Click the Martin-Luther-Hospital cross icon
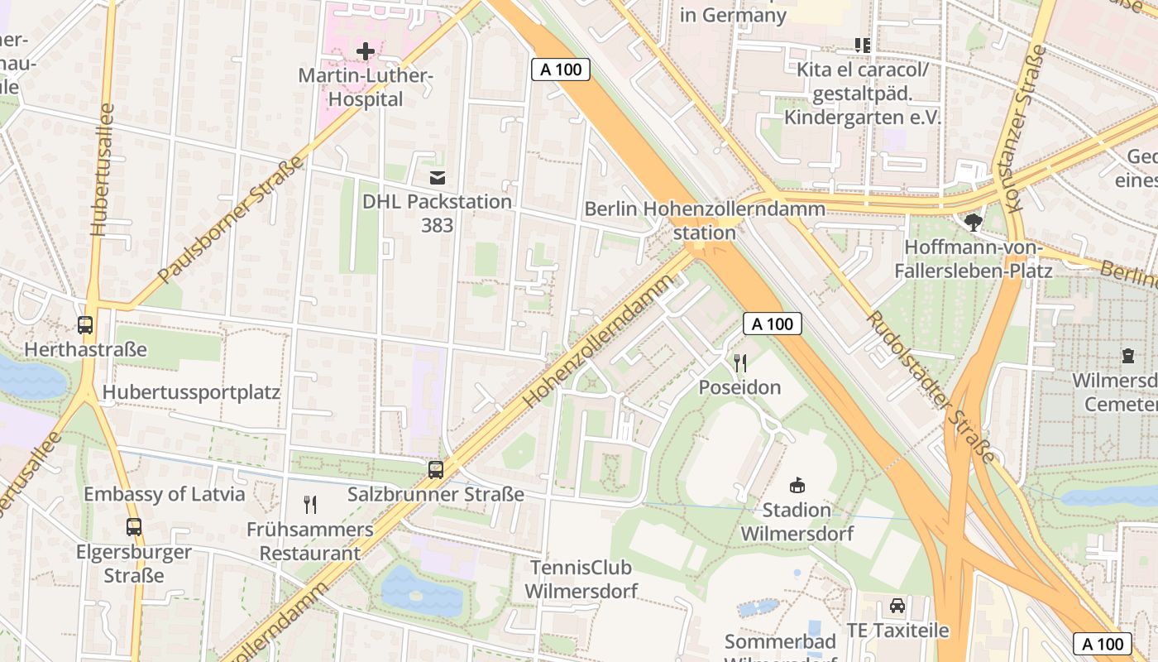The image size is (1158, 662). (x=365, y=51)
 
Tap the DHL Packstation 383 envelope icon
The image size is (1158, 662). (x=437, y=177)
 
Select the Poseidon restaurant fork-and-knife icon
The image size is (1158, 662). (x=740, y=363)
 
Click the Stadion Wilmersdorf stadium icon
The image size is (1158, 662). (x=797, y=485)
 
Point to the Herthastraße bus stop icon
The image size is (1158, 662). (x=85, y=325)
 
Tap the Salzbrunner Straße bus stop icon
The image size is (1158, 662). (x=436, y=470)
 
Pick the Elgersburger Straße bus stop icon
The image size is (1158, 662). (x=133, y=526)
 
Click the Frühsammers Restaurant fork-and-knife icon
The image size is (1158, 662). (x=310, y=504)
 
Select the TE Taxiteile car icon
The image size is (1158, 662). (x=897, y=606)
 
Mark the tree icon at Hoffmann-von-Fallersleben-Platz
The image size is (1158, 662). (x=974, y=222)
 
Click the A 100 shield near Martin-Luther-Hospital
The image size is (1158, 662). (x=561, y=70)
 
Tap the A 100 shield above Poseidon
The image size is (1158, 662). (x=773, y=324)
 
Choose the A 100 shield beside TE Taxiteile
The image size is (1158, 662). (x=1103, y=644)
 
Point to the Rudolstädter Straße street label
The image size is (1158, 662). (x=931, y=389)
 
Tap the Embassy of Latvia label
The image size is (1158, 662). (x=165, y=494)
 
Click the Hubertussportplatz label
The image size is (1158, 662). (x=191, y=392)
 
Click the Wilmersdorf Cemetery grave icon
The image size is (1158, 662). (x=1128, y=356)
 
